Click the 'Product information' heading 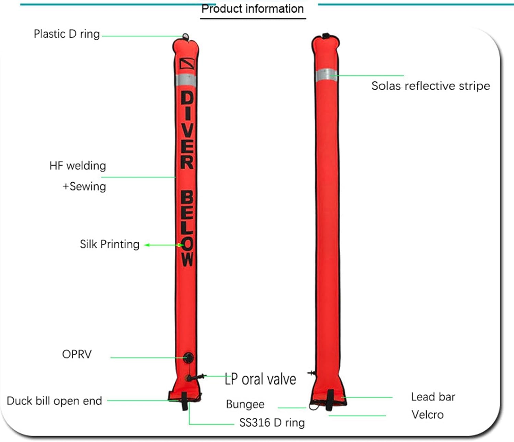click(x=253, y=9)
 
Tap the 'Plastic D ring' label click(x=66, y=34)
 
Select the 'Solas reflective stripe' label click(x=431, y=86)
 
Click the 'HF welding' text click(x=77, y=165)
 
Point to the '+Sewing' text click(x=84, y=186)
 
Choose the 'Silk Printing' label click(x=109, y=244)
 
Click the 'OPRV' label click(x=77, y=354)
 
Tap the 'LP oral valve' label click(x=260, y=379)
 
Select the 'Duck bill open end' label click(x=54, y=401)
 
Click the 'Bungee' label click(x=245, y=404)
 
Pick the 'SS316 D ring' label click(x=272, y=423)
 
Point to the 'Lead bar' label click(x=433, y=397)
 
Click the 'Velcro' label click(x=427, y=415)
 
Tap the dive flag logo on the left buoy click(x=187, y=63)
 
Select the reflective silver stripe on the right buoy click(x=326, y=75)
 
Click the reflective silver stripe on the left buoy click(x=186, y=80)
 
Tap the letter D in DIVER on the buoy click(x=187, y=97)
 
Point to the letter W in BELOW click(x=187, y=259)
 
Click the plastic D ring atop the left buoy click(x=185, y=37)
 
